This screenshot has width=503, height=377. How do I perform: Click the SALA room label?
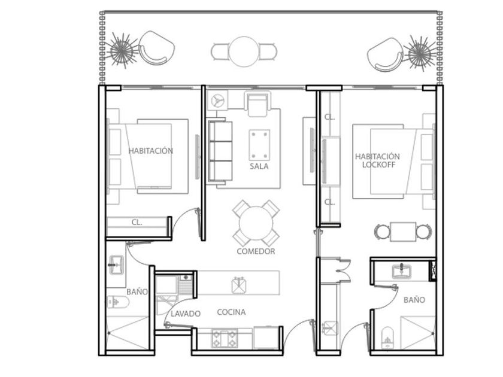point(259,166)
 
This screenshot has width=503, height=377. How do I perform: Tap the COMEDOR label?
point(256,251)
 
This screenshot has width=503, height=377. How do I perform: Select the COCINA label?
point(231,312)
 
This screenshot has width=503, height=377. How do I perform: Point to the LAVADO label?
point(186,314)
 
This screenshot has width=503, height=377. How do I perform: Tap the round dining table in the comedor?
point(256,223)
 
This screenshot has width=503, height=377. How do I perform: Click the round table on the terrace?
point(244,51)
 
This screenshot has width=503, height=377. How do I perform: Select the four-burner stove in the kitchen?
point(224,338)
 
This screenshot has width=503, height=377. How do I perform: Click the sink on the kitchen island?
point(239,285)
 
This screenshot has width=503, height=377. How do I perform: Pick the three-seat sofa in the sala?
point(220,151)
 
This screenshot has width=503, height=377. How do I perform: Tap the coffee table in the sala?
point(259,145)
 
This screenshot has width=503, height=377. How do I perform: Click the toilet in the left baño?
point(118,302)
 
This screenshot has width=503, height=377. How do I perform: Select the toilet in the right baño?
point(387,338)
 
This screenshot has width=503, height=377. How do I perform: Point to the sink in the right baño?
point(402,271)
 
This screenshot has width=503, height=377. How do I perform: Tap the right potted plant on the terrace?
point(420,53)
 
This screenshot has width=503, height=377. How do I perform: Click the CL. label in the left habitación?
point(137,222)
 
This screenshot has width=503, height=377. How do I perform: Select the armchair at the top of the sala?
point(257,103)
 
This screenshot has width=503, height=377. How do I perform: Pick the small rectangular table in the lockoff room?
point(403,232)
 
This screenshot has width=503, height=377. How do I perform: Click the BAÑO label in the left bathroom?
point(137,292)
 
